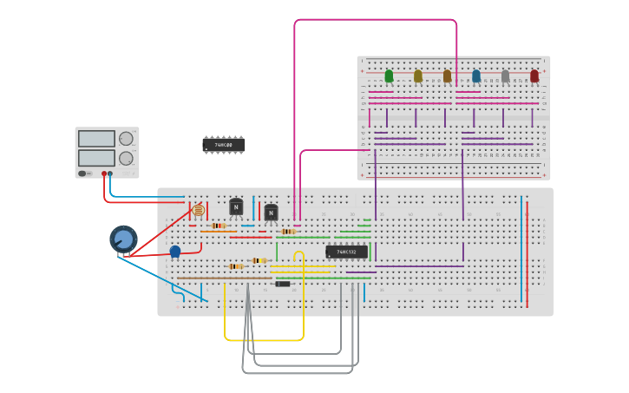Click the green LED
click(389, 76)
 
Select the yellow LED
click(418, 76)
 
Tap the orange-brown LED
click(448, 76)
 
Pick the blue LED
click(476, 76)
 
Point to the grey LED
click(505, 76)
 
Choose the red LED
click(534, 76)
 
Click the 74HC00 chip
click(224, 145)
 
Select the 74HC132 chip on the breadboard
click(346, 252)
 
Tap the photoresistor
click(198, 210)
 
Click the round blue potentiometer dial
click(123, 239)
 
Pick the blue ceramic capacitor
click(175, 252)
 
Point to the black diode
click(282, 284)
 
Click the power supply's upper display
click(96, 139)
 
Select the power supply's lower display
click(96, 158)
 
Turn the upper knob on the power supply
click(127, 139)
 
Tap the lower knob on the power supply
click(127, 158)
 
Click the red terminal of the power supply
click(104, 174)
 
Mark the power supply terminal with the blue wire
click(110, 174)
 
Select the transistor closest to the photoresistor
click(236, 207)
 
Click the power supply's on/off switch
click(83, 174)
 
